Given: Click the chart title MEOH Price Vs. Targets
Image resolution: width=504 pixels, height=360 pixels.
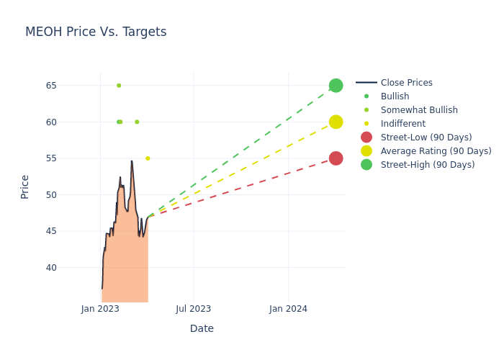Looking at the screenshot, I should pyautogui.click(x=96, y=32).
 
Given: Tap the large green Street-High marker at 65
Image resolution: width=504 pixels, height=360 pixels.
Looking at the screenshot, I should pyautogui.click(x=336, y=86).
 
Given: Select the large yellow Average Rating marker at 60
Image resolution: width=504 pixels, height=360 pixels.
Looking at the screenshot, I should pyautogui.click(x=336, y=122).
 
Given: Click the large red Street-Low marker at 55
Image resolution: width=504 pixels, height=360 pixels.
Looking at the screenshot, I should pyautogui.click(x=336, y=158).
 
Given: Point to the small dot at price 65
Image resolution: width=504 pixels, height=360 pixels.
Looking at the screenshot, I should pyautogui.click(x=119, y=86).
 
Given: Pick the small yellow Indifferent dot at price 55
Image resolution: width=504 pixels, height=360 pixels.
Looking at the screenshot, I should pyautogui.click(x=148, y=158).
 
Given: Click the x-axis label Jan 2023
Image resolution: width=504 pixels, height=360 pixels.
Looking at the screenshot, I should pyautogui.click(x=100, y=309).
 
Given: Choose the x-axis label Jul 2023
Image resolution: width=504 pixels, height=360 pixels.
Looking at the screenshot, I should pyautogui.click(x=194, y=309).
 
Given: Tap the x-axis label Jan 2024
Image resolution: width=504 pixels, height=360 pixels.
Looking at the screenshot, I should pyautogui.click(x=288, y=309).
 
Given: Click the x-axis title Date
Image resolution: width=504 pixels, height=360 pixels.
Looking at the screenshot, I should pyautogui.click(x=202, y=329).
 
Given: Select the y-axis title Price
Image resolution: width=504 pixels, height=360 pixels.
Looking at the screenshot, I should pyautogui.click(x=25, y=186).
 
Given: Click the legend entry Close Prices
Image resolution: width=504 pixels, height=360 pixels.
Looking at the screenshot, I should pyautogui.click(x=406, y=83).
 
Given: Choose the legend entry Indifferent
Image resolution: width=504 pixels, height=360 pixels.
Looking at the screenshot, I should pyautogui.click(x=402, y=124).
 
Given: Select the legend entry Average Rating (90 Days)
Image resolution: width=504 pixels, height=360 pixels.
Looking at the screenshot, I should pyautogui.click(x=436, y=151).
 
